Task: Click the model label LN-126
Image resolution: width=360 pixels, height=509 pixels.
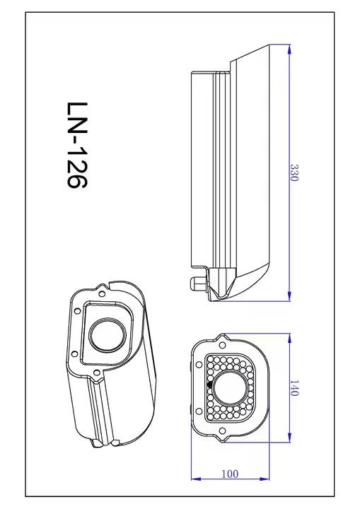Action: coord(76,145)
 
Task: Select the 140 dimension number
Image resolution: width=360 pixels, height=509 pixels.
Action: coord(294,388)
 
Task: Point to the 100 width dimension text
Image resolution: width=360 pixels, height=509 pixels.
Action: coord(230,474)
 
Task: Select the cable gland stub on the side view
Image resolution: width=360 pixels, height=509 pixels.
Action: coord(195,283)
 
